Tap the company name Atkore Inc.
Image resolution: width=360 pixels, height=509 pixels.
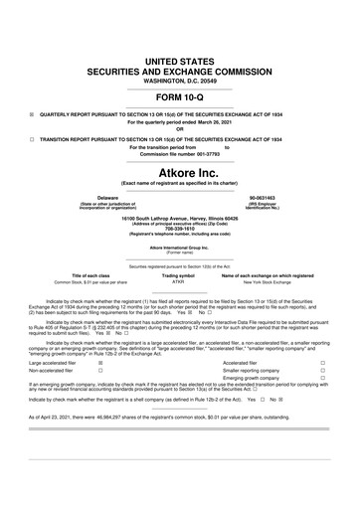(x=180, y=170)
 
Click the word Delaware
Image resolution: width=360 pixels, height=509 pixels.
(x=94, y=197)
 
